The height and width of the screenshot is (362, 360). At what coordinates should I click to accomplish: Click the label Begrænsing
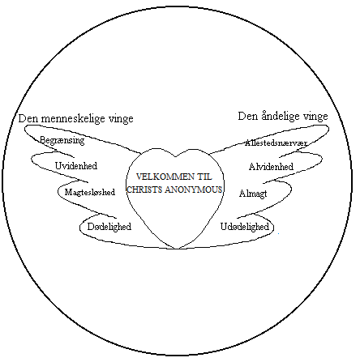[x=62, y=140]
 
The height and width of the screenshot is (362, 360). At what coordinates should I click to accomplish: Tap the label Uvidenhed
[x=76, y=165]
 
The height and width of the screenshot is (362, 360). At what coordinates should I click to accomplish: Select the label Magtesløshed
[x=90, y=192]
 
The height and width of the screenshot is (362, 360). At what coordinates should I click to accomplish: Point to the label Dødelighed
[x=109, y=227]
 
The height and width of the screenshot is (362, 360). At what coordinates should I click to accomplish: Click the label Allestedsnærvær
[x=276, y=143]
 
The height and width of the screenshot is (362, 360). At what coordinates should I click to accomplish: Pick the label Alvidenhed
[x=271, y=166]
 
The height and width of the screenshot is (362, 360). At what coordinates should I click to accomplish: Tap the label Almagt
[x=253, y=194]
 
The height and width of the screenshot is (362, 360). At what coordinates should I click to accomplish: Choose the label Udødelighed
[x=245, y=227]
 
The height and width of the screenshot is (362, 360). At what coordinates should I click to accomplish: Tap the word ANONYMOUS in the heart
[x=193, y=190]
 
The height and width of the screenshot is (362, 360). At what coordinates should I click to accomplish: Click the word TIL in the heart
[x=204, y=177]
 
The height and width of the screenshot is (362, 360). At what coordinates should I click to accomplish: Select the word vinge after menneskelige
[x=121, y=119]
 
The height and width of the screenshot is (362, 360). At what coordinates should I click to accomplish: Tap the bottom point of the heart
[x=177, y=249]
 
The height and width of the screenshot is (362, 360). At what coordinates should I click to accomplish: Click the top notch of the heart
[x=175, y=157]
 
